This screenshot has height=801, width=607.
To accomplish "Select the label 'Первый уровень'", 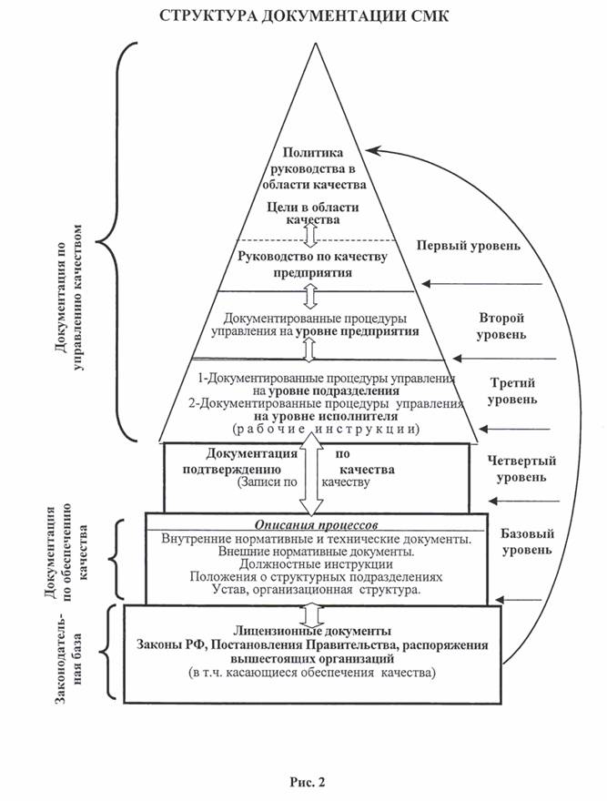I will coord(469,247).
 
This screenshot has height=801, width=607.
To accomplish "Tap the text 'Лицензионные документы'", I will coord(312,631).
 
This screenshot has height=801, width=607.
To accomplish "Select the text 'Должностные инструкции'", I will coord(315,564).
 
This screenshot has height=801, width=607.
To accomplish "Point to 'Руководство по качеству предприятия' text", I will coord(312,264).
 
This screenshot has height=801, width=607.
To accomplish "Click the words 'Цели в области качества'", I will coord(312,213).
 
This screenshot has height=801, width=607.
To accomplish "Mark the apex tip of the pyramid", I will coord(313,43).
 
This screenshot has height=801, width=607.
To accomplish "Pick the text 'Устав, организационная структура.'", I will coord(315,590).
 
